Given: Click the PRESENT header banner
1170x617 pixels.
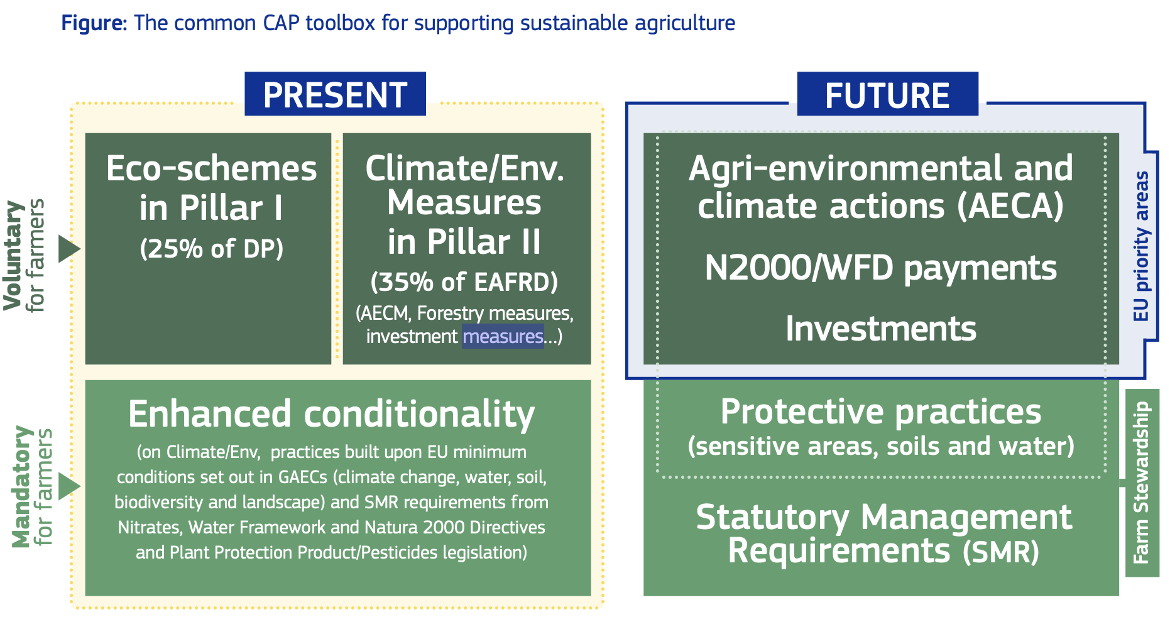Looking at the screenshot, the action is pos(335,94).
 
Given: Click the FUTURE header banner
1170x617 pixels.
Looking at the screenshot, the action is pos(887,94).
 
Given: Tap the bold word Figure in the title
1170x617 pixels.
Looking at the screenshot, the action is pos(94,23).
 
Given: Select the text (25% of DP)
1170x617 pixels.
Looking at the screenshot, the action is pos(212,249).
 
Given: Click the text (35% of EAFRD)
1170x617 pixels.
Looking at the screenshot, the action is pos(464,282).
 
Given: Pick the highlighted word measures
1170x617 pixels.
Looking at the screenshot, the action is pos(503,337).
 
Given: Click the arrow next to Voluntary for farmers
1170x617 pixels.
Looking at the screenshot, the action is pos(69,249).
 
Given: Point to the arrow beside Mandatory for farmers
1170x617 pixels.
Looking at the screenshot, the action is pos(69,486).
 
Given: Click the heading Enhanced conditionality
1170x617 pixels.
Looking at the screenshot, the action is pos(331,414).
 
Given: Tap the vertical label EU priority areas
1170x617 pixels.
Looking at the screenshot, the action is pos(1140,246).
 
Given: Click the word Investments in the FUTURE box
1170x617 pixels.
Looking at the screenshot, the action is pos(881,329).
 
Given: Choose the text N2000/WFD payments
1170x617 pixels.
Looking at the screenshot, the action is pos(881,268).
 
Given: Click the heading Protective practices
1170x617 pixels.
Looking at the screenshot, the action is pos(881,412).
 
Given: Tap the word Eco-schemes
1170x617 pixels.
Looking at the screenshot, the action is pos(212,168).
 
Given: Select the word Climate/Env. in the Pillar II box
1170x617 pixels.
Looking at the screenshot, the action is pos(464,168).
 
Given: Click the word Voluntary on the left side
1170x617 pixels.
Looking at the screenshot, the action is pos(14,255).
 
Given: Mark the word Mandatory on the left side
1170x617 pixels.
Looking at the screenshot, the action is pos(23,486).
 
